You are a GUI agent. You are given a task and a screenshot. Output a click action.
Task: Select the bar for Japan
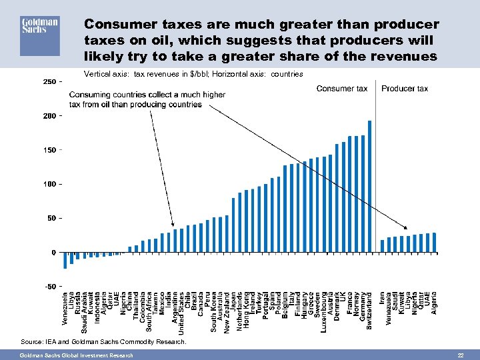point(233,225)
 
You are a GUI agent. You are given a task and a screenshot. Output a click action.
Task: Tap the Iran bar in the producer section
point(382,246)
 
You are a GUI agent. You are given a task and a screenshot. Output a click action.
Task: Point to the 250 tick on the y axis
point(49,81)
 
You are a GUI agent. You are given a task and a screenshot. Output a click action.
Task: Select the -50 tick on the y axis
point(50,286)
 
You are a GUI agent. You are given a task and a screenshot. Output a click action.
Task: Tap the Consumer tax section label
point(341,89)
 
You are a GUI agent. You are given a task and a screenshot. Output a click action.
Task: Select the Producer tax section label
point(404,89)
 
